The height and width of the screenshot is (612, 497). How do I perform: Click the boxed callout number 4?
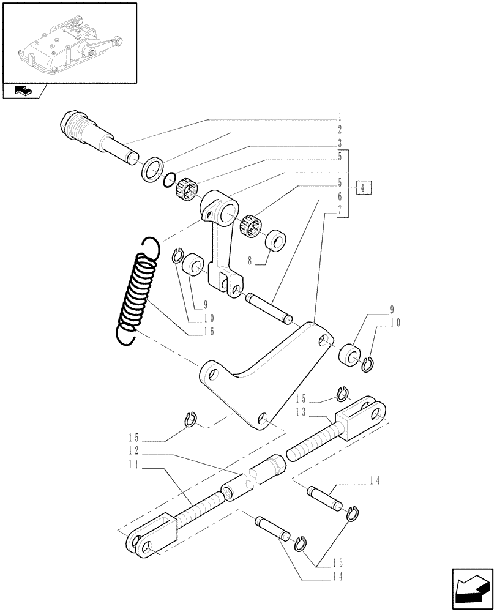point(362,188)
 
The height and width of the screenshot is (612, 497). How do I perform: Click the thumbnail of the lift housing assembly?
point(69,43)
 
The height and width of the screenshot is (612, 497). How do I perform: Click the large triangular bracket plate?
point(263,379)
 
